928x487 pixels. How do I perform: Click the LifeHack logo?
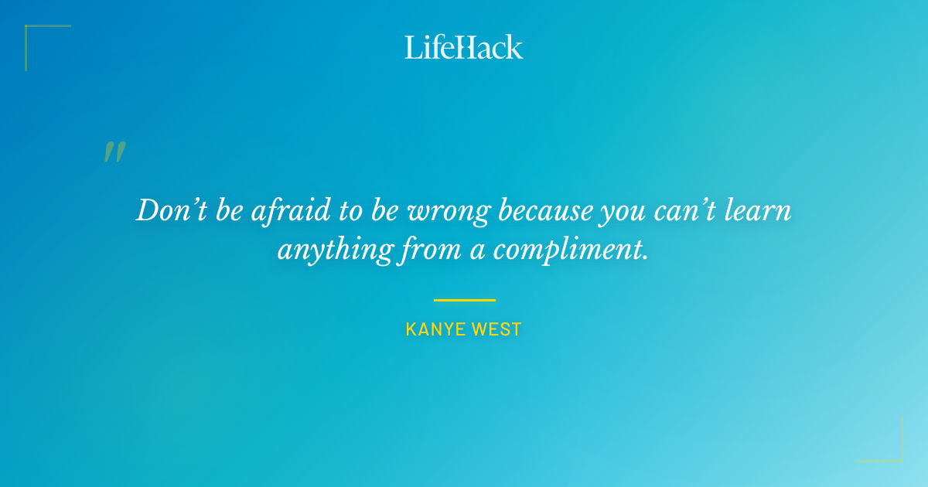pyautogui.click(x=464, y=47)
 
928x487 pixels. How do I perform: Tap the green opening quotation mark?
pyautogui.click(x=114, y=152)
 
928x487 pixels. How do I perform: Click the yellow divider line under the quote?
pyautogui.click(x=464, y=300)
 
